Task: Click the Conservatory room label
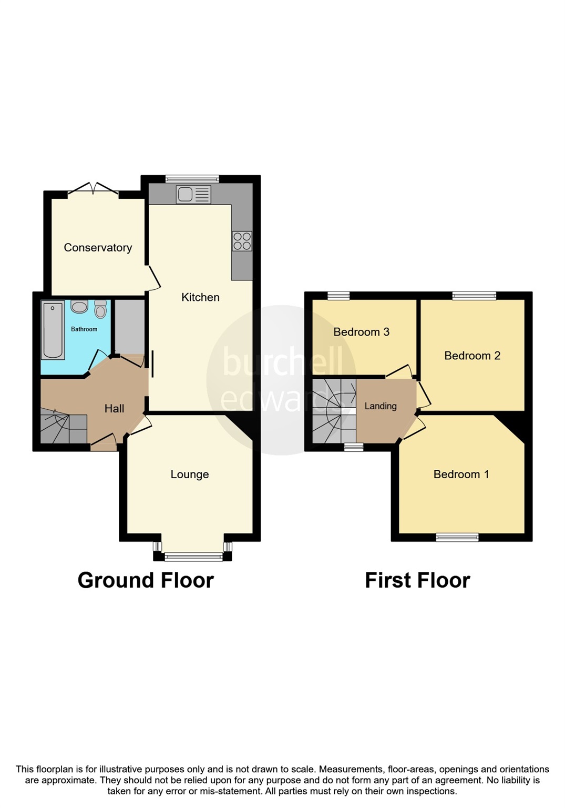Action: (x=98, y=248)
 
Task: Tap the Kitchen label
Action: (x=200, y=297)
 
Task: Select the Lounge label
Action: (x=190, y=474)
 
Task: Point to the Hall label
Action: (x=114, y=409)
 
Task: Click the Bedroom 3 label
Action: (x=362, y=332)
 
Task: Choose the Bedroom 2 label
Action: (x=472, y=356)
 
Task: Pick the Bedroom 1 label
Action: (x=461, y=474)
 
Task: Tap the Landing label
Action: (x=381, y=406)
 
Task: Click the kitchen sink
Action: (x=194, y=195)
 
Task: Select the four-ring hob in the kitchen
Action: (x=242, y=241)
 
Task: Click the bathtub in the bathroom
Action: (x=53, y=330)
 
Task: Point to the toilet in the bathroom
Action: (x=100, y=309)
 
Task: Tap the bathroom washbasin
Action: (x=79, y=307)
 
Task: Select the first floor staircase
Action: (x=334, y=411)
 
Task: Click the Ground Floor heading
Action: (x=146, y=580)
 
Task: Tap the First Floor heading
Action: (x=417, y=580)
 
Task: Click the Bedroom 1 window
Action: (x=457, y=537)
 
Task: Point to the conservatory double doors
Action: (x=93, y=189)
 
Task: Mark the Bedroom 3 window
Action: (x=338, y=296)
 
